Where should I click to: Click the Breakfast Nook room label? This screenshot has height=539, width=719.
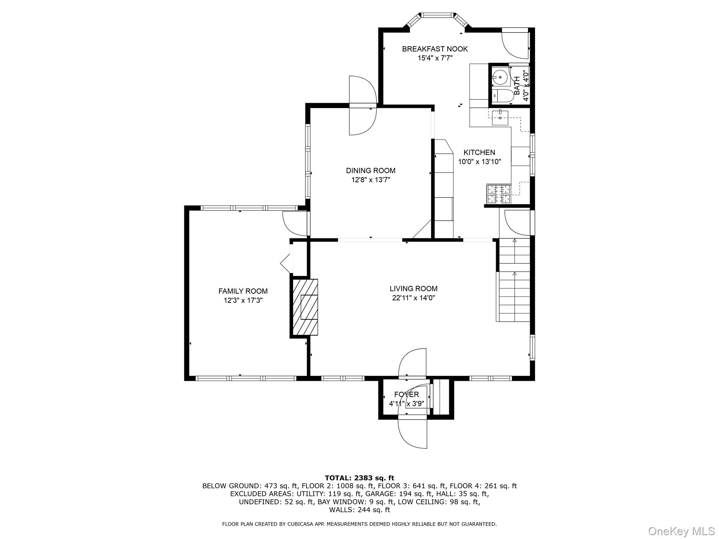(x=435, y=49)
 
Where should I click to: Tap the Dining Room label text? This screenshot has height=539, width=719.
(x=370, y=171)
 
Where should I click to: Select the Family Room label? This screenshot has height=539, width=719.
(x=243, y=291)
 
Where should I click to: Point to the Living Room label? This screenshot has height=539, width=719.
(x=413, y=288)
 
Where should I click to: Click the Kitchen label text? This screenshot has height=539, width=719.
(x=479, y=152)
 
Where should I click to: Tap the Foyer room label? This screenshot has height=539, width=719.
(x=407, y=394)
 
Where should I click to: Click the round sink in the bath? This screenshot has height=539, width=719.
(x=500, y=78)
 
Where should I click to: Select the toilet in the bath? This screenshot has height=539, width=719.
(x=503, y=96)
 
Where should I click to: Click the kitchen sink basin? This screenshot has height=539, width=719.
(x=500, y=118)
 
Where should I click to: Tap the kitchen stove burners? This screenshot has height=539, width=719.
(x=498, y=194)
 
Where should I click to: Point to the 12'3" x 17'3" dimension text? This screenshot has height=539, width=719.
(x=243, y=300)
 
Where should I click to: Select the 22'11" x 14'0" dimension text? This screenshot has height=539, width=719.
(x=414, y=298)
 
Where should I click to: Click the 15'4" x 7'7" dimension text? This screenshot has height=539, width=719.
(x=435, y=58)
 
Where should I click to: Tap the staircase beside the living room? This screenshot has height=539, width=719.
(x=514, y=280)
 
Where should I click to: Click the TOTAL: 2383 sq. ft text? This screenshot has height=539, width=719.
(x=359, y=478)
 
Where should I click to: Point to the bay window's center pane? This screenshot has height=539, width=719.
(x=437, y=15)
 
